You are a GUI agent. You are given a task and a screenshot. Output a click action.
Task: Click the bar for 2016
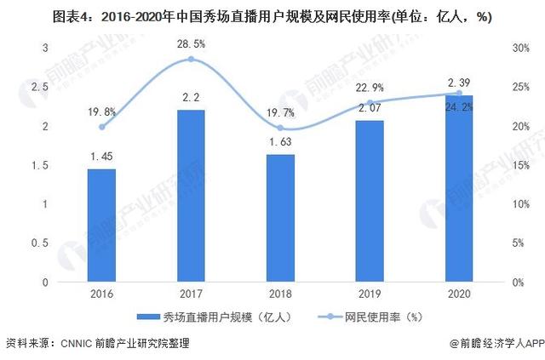101,226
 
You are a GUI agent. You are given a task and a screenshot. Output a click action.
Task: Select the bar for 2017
191,196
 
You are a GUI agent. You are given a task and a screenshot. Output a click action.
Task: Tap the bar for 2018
280,218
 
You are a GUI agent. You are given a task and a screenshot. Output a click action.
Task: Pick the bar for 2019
370,201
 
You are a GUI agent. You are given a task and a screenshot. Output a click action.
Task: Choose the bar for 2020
459,188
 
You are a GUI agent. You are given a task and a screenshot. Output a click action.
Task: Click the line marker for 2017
191,60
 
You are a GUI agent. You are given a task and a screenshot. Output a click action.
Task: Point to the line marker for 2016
101,127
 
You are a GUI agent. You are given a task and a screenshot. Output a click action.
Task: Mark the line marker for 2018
280,128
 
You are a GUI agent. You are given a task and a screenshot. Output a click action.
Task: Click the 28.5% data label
191,42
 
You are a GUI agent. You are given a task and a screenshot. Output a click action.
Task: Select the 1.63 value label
280,144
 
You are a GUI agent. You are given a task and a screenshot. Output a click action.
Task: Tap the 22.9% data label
370,87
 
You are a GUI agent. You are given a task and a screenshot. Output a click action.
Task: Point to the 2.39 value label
459,82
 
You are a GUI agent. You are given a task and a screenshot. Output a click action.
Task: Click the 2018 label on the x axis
280,294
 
